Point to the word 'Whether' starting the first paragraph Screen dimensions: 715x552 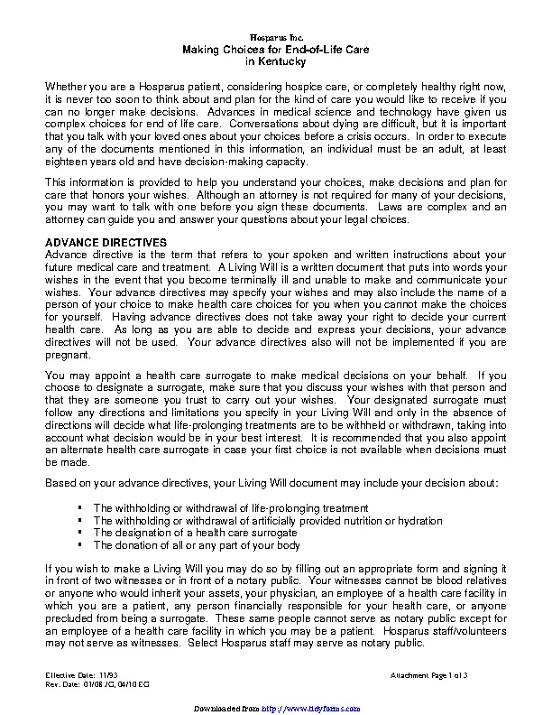click(66, 85)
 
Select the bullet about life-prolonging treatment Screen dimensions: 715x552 click(231, 508)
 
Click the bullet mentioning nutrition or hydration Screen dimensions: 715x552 click(268, 521)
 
